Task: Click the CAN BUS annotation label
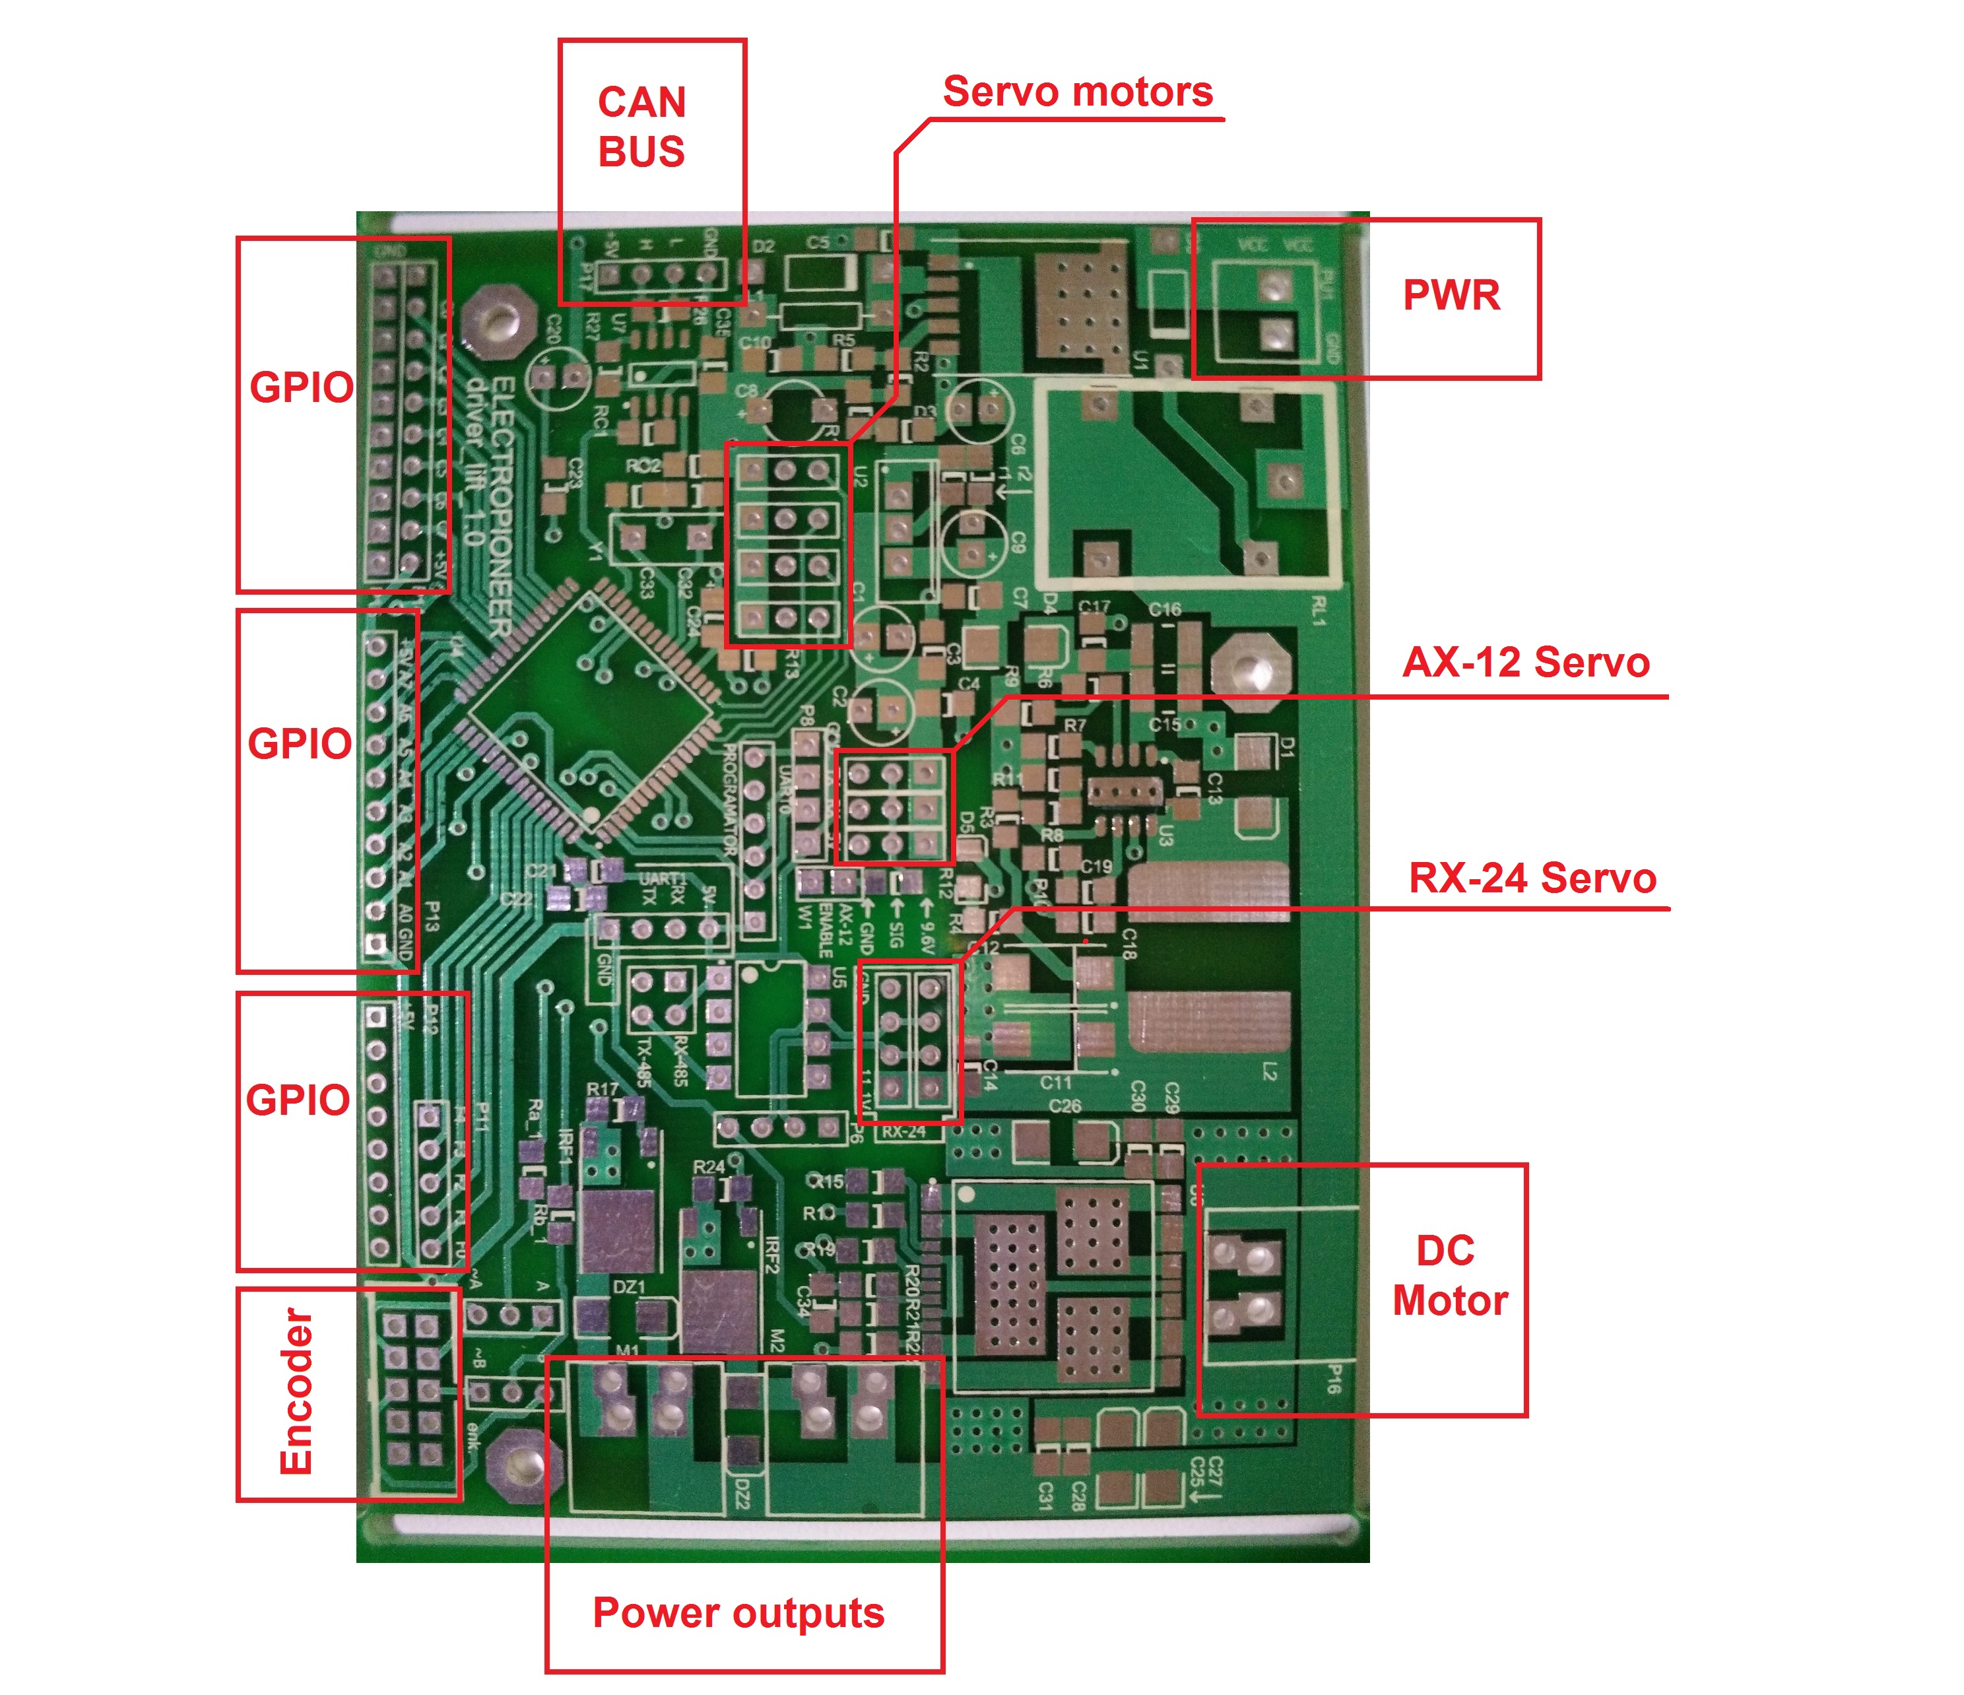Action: [x=641, y=127]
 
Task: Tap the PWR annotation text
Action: [x=1451, y=295]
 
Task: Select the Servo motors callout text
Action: [x=1078, y=92]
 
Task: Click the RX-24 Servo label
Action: [x=1532, y=878]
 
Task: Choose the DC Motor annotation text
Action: [x=1449, y=1276]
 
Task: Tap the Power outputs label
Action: [x=738, y=1612]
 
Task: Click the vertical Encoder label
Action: [x=296, y=1391]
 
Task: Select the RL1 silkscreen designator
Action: [x=1319, y=611]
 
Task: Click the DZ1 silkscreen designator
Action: [x=630, y=1286]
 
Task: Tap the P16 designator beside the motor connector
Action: [x=1332, y=1379]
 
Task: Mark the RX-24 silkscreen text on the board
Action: [x=903, y=1132]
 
